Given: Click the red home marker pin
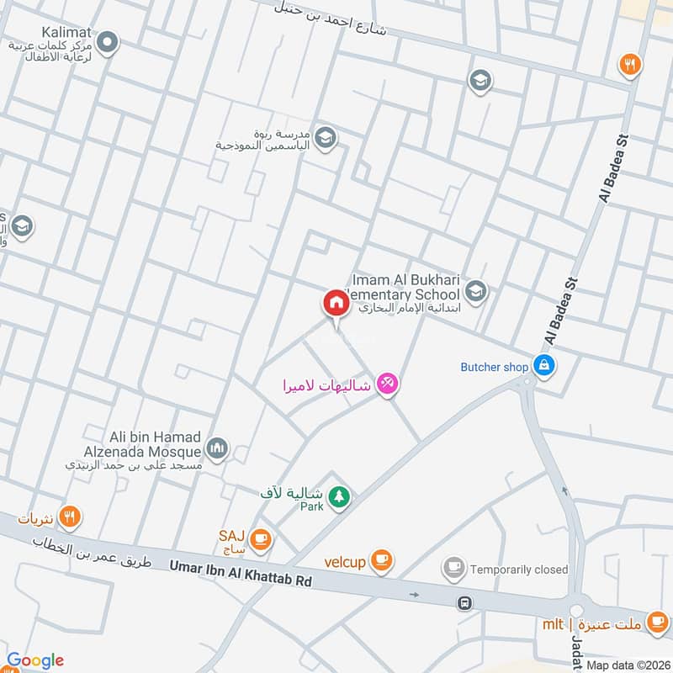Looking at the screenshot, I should point(336,303).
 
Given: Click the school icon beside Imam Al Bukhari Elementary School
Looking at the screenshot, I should point(476,291).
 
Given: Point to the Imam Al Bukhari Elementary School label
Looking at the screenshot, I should point(405,287).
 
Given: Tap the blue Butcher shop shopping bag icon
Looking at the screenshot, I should point(543,366).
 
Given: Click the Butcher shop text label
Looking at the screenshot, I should point(495,367).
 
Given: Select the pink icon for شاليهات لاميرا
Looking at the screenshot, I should point(387,384).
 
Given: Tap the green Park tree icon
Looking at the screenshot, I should point(339,497).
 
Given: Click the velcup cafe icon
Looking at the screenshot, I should point(381,559).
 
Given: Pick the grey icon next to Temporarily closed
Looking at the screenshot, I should point(454,569).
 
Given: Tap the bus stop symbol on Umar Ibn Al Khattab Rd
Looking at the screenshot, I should point(464,602).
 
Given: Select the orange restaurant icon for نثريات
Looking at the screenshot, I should point(70,518).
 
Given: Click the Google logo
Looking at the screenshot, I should point(35,660).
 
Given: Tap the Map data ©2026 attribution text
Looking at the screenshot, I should point(627,665).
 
